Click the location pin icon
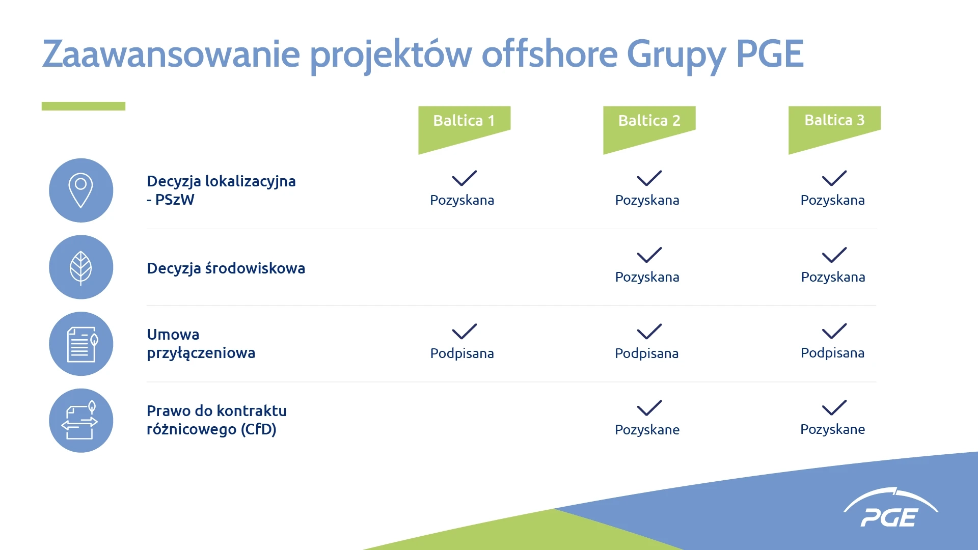(x=81, y=190)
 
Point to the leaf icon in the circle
(x=81, y=267)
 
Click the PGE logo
(x=890, y=508)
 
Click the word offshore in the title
(x=550, y=53)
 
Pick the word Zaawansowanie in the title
(x=171, y=54)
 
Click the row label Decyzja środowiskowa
(x=226, y=268)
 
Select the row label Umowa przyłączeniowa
(x=201, y=344)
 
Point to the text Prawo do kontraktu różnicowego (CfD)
(x=216, y=420)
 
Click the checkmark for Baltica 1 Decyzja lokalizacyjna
(x=464, y=178)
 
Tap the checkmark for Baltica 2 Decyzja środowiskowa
(x=649, y=255)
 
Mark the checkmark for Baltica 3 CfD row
(x=834, y=407)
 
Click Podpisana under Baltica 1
(x=462, y=353)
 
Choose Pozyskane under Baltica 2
(x=647, y=430)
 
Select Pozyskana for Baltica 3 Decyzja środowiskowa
(x=833, y=277)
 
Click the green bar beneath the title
(x=84, y=106)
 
